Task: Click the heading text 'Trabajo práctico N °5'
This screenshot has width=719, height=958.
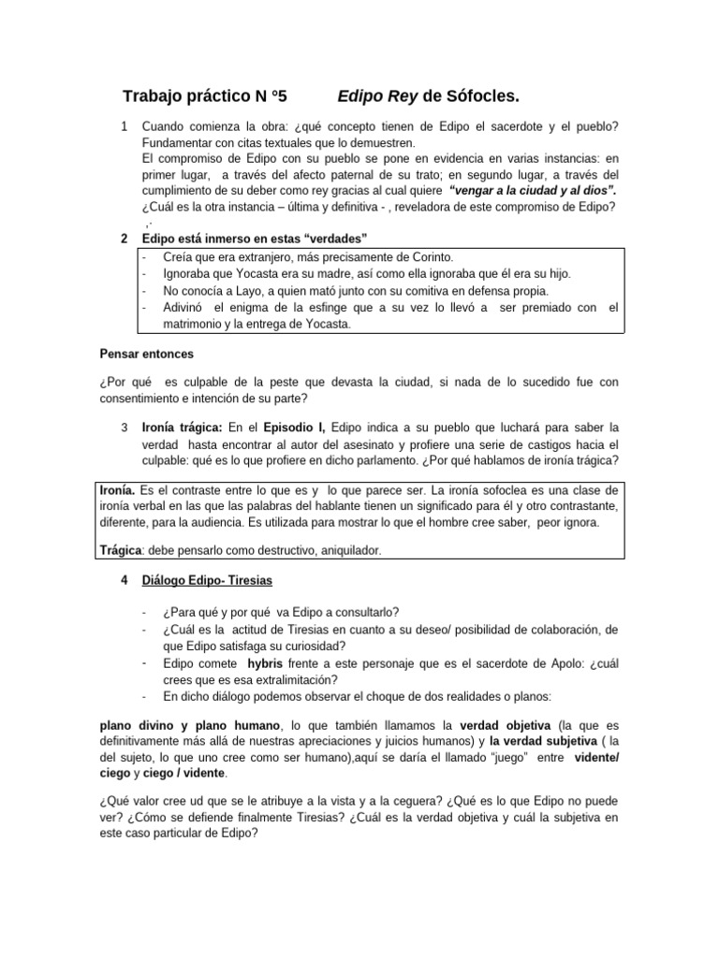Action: [x=206, y=96]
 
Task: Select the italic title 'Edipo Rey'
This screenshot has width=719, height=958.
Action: [x=378, y=96]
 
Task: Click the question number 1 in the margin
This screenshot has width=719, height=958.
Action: [x=125, y=126]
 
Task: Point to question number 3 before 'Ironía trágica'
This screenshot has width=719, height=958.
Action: [x=125, y=427]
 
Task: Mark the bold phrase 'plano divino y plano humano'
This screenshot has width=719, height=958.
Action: [x=189, y=725]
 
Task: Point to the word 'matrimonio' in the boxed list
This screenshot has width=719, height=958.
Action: [x=174, y=324]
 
